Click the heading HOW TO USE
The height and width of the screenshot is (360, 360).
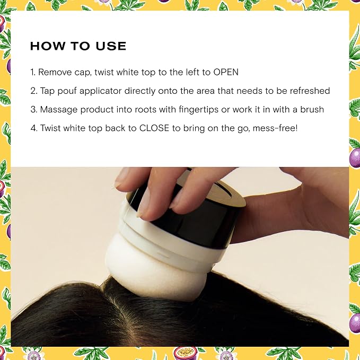[x=78, y=46]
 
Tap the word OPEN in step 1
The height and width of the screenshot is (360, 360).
[x=226, y=72]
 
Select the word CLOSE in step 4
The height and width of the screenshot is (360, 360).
[x=154, y=128]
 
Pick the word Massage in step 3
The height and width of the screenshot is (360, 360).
[x=59, y=110]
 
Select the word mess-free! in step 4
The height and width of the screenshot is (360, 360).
[x=275, y=128]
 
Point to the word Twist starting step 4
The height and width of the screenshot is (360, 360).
[x=50, y=128]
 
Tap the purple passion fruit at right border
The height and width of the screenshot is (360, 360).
[x=355, y=158]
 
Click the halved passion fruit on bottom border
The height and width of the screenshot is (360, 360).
[x=185, y=353]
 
